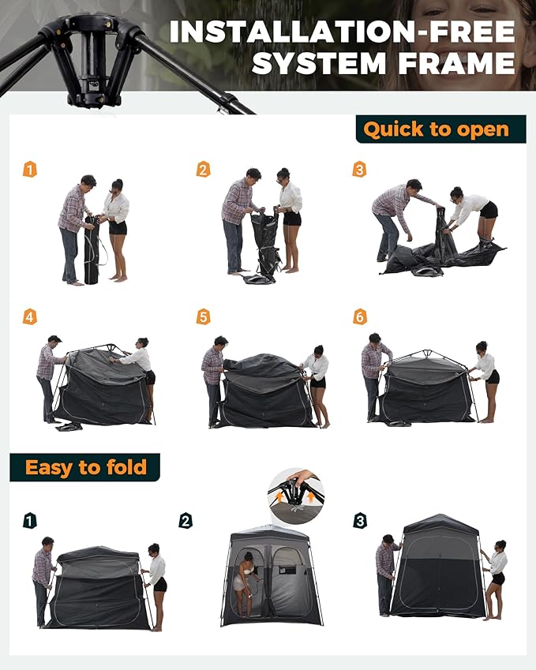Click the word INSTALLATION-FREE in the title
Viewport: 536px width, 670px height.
[343, 32]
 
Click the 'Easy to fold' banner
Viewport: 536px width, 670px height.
[85, 467]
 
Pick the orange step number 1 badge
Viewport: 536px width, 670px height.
[29, 169]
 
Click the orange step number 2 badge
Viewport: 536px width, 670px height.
[203, 169]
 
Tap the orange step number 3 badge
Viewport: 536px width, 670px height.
[359, 169]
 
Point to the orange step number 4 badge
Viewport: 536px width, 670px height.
[29, 317]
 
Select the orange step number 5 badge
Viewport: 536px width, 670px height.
[203, 317]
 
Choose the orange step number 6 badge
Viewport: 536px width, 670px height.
[359, 317]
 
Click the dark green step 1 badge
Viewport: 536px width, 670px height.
[29, 521]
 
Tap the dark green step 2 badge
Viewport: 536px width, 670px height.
[186, 521]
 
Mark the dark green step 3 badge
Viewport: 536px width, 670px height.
[359, 521]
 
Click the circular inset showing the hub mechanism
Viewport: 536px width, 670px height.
[296, 496]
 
